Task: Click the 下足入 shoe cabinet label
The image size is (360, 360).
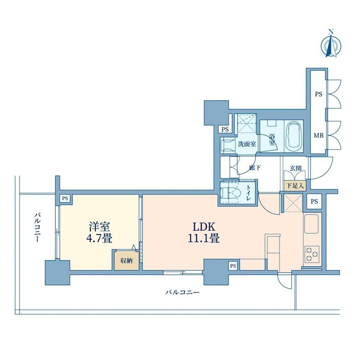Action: [x=295, y=185]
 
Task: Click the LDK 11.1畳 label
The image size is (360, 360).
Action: [x=203, y=232]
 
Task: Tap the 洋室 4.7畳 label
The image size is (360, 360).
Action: [x=99, y=232]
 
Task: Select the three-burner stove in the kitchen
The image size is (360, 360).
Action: [x=312, y=254]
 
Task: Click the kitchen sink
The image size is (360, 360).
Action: [x=311, y=224]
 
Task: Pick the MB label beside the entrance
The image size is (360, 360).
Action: [x=319, y=136]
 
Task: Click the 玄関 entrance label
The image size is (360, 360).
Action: [x=295, y=168]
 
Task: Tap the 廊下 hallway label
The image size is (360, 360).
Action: [x=255, y=167]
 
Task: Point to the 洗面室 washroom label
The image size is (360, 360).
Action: [x=247, y=144]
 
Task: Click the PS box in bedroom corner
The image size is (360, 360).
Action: [x=65, y=198]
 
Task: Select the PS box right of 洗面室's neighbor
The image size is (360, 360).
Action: [x=225, y=130]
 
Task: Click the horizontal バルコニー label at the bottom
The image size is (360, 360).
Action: [x=182, y=292]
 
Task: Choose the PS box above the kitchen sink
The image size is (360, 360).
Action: [x=314, y=202]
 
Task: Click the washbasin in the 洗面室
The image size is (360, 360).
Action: [x=228, y=145]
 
